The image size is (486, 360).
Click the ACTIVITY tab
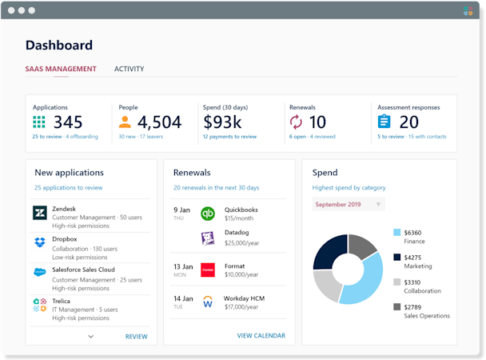coord(129,69)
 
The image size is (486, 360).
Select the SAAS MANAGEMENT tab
coord(61,69)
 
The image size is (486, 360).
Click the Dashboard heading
coord(59,46)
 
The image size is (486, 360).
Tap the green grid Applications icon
coord(39,122)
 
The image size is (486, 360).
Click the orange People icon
coord(125,122)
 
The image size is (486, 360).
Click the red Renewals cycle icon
coord(296,122)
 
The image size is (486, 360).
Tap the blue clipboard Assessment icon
coord(384,122)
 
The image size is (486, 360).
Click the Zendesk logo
coord(39,213)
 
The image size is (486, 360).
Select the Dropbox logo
coord(39,242)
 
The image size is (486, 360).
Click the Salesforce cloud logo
coord(39,272)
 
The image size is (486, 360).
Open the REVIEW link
coord(136,337)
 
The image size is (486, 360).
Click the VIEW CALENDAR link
coord(261,337)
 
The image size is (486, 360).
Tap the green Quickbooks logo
coord(208,214)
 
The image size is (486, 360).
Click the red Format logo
coord(208,270)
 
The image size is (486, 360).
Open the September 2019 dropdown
coord(348,205)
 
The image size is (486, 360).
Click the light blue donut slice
coord(363,280)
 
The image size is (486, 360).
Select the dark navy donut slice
coord(327,250)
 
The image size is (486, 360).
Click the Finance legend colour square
coord(397,233)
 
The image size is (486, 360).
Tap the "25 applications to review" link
coord(68,188)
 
